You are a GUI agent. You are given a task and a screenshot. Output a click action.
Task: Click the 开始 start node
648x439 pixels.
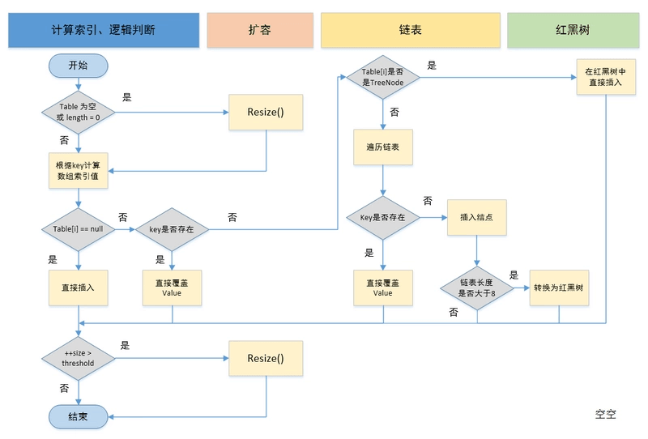pyautogui.click(x=78, y=66)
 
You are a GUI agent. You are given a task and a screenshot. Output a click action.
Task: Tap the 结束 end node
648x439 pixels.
pyautogui.click(x=78, y=416)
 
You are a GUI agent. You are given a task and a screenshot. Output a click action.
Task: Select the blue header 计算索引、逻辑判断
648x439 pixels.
pyautogui.click(x=103, y=30)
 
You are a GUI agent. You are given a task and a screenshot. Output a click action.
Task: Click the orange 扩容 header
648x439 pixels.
pyautogui.click(x=259, y=30)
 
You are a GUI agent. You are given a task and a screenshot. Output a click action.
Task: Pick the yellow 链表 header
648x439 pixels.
pyautogui.click(x=410, y=30)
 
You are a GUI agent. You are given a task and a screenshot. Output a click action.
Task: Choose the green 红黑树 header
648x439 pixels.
pyautogui.click(x=571, y=30)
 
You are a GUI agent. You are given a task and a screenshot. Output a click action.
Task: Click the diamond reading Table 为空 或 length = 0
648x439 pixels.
pyautogui.click(x=78, y=113)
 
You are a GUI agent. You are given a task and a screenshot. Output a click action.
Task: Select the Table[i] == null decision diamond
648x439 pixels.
pyautogui.click(x=78, y=230)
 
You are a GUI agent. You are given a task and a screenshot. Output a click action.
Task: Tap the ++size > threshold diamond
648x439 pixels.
pyautogui.click(x=78, y=358)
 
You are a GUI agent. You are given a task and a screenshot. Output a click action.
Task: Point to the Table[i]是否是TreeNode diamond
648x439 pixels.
pyautogui.click(x=382, y=78)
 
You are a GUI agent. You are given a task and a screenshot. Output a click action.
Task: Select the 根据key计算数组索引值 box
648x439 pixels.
pyautogui.click(x=78, y=171)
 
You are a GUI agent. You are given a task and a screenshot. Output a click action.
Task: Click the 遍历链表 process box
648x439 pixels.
pyautogui.click(x=382, y=147)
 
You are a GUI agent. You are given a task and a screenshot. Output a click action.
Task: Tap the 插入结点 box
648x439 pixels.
pyautogui.click(x=477, y=217)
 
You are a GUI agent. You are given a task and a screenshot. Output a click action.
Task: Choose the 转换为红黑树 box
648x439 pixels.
pyautogui.click(x=559, y=287)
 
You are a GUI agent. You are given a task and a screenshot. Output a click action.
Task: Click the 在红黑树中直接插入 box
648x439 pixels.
pyautogui.click(x=605, y=77)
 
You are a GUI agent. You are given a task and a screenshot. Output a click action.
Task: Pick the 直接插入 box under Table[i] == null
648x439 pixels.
pyautogui.click(x=78, y=287)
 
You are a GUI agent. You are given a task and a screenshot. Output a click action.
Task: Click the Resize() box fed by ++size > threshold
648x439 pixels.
pyautogui.click(x=266, y=358)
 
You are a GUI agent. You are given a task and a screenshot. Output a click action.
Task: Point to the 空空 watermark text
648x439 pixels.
pyautogui.click(x=606, y=414)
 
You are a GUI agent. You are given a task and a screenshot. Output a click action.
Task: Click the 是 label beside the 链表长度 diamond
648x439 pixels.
pyautogui.click(x=514, y=275)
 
